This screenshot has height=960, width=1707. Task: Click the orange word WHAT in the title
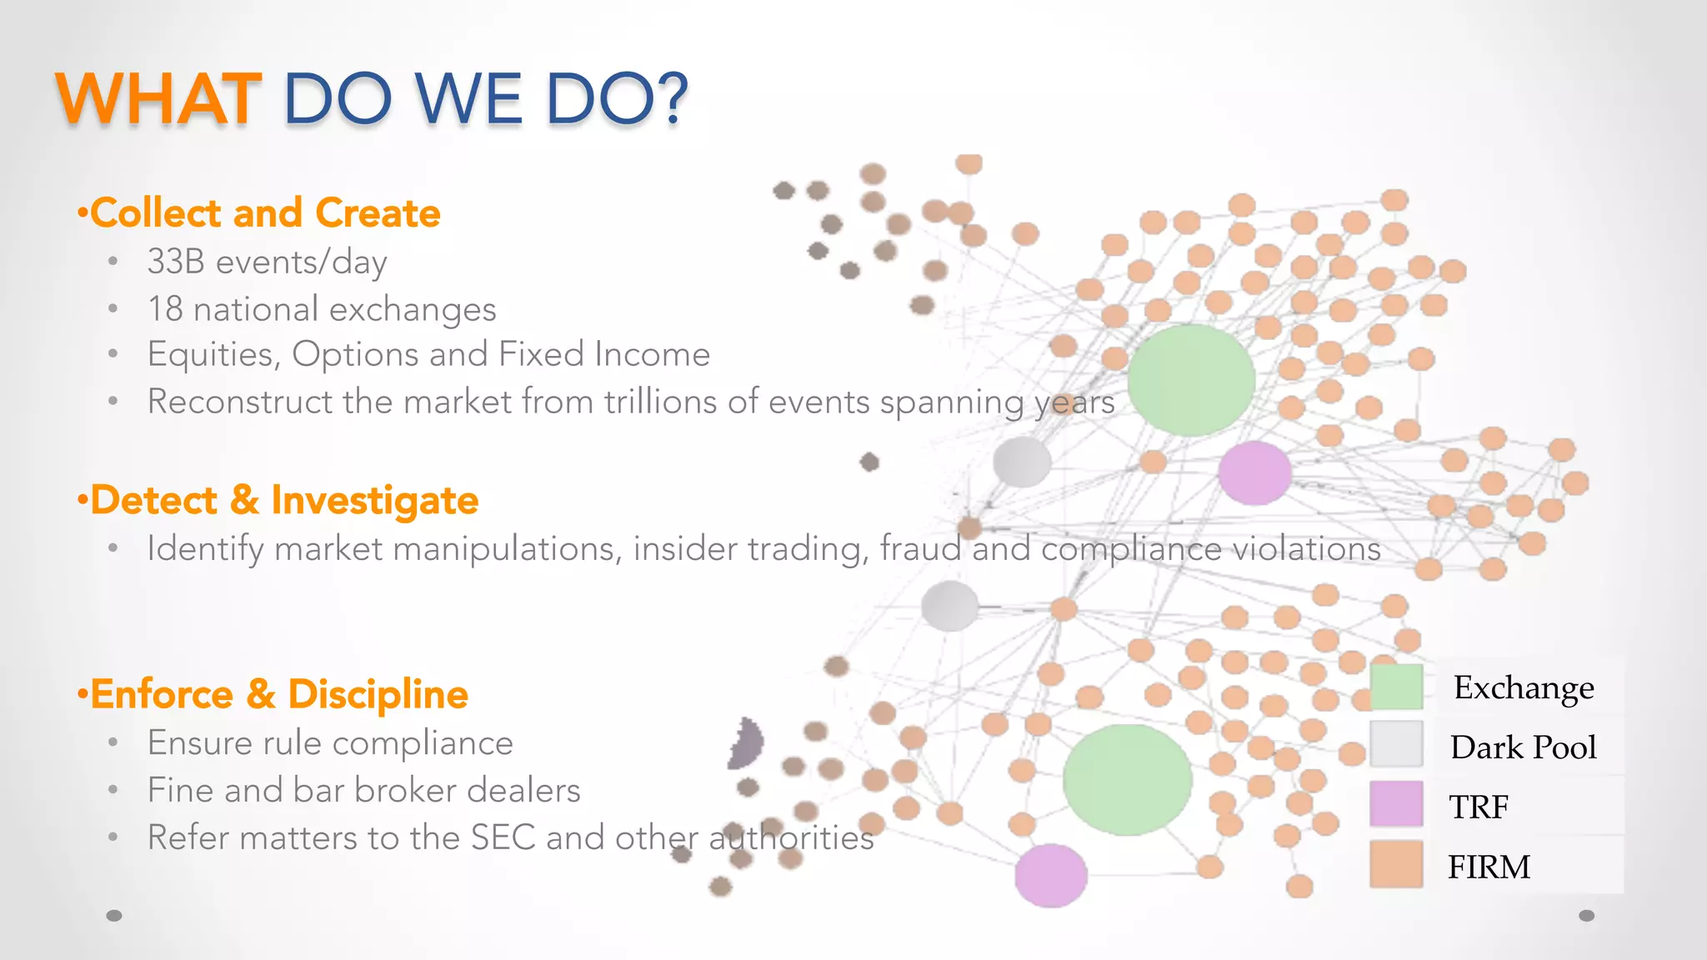coord(158,99)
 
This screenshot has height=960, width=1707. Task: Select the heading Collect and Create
coord(264,213)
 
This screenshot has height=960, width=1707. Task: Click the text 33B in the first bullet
coord(176,262)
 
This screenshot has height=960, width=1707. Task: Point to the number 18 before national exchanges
coord(165,309)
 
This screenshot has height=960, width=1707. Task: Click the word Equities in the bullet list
coord(213,355)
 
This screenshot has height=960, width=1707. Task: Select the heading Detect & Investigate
coord(283,500)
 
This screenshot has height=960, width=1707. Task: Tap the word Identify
coord(205,549)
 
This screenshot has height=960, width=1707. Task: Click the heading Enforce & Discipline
coord(278,694)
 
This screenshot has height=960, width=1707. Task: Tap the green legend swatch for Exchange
coord(1396,687)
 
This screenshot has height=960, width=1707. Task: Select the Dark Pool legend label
coord(1523,747)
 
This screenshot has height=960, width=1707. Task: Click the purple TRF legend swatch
coord(1396,804)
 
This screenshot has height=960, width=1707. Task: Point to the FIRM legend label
coord(1489,867)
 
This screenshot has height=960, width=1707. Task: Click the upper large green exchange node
coord(1191,380)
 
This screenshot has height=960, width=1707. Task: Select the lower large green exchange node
coord(1127,779)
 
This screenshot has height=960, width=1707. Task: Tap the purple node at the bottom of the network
coord(1051,875)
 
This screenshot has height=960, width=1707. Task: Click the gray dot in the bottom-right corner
coord(1587,916)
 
